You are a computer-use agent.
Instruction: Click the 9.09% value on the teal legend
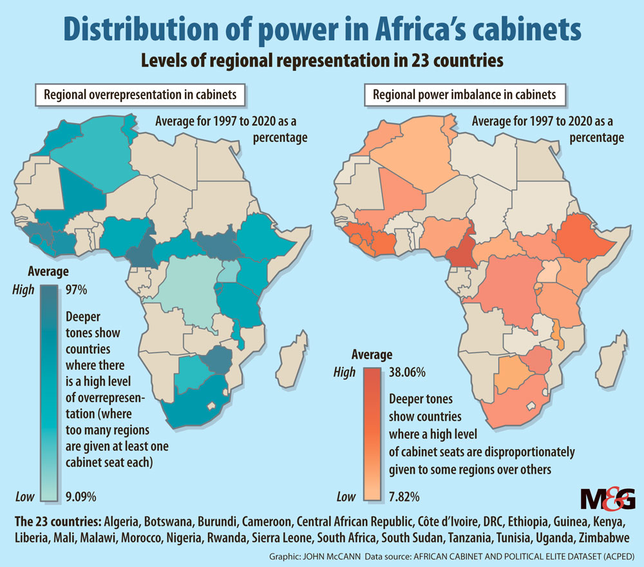click(x=81, y=496)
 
